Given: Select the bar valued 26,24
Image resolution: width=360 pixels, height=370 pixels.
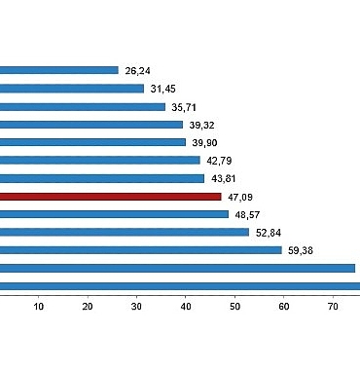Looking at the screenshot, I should (58, 70).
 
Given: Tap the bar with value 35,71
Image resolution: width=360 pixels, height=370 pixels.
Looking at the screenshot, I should (83, 106).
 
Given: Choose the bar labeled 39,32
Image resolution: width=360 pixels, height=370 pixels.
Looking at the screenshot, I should (91, 125).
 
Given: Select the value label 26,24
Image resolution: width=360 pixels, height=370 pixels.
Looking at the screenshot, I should (137, 70).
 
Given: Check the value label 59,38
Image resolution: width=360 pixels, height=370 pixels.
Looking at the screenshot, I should (301, 250).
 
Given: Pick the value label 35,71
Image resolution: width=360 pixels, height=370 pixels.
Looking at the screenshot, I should (184, 107).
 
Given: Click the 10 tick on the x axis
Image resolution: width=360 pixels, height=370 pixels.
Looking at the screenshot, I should (39, 308).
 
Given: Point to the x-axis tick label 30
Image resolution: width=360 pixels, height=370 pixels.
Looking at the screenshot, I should (137, 308).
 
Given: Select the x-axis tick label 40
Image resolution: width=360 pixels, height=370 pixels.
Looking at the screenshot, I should (186, 308).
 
